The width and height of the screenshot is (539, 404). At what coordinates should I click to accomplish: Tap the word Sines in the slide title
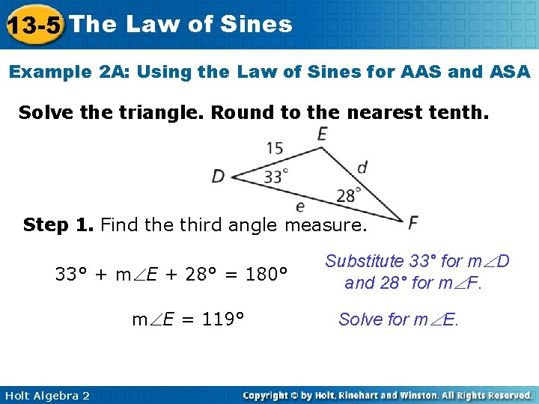pos(256,24)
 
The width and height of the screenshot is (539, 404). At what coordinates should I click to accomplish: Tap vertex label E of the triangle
pos(323,135)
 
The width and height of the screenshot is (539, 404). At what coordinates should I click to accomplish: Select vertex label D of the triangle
pos(219,177)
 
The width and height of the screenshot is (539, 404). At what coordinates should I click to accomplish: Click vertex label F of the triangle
pos(413,222)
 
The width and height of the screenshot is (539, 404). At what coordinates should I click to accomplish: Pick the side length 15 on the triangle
pos(274,147)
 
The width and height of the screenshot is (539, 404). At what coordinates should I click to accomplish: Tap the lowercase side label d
pos(362,167)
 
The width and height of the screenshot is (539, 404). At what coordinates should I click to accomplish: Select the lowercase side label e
pos(300,205)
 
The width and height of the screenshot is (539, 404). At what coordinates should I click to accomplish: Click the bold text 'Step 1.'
pos(58,224)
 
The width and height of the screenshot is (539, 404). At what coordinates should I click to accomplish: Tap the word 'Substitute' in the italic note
pos(364,261)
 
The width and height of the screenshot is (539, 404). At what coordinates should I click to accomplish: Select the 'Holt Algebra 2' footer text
pos(46,395)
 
